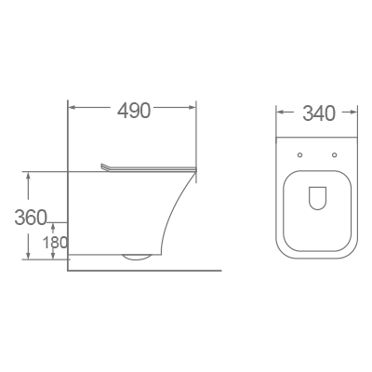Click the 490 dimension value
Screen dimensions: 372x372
tap(134, 111)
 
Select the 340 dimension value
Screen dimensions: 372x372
tap(317, 114)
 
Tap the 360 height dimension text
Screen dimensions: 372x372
tap(31, 218)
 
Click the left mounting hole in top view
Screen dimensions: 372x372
tap(301, 153)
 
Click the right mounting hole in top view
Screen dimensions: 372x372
tap(333, 153)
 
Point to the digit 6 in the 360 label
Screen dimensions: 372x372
tap(31, 218)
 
